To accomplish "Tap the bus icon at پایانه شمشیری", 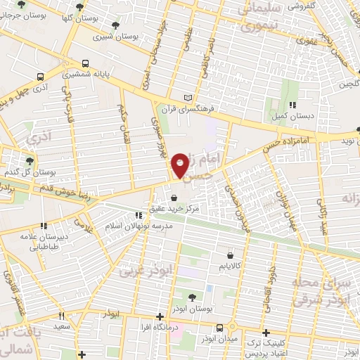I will [x=85, y=63].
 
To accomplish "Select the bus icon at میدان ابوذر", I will [x=221, y=328].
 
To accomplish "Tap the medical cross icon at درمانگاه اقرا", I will [x=161, y=316].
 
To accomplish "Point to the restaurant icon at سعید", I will [x=62, y=317].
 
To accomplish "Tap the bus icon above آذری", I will [x=39, y=77].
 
